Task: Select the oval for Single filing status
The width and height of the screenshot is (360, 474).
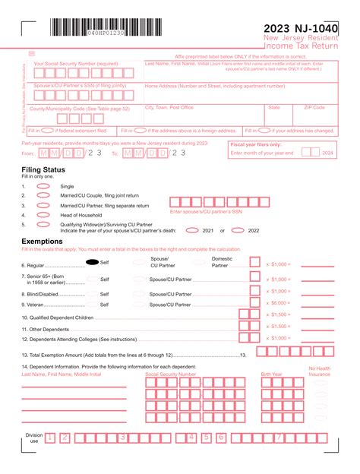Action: [x=43, y=186]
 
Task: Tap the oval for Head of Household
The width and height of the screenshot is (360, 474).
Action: [x=43, y=215]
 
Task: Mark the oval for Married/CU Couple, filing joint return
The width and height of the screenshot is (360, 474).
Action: [x=43, y=196]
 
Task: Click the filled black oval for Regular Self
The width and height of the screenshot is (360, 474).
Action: [x=93, y=262]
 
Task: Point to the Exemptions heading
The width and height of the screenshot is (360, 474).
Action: [x=43, y=241]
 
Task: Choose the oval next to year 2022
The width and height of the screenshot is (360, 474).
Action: [x=234, y=231]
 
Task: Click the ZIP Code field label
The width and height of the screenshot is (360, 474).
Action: [x=314, y=108]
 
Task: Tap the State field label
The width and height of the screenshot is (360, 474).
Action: [x=273, y=108]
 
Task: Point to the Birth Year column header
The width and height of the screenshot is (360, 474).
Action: [x=271, y=374]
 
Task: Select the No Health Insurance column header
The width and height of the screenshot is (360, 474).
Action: [x=320, y=371]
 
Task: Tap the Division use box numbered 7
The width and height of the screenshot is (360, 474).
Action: [x=279, y=438]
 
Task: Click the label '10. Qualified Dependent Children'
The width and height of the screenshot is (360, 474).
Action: [x=57, y=317]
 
